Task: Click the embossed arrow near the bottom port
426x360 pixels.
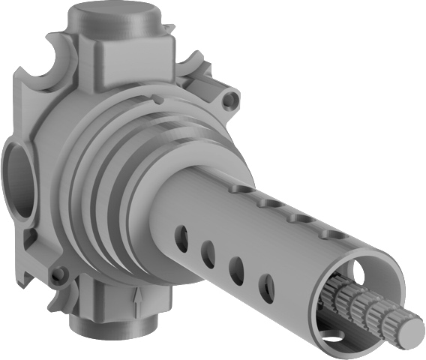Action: tap(137, 303)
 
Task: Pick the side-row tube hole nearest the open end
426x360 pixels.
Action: tap(266, 286)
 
